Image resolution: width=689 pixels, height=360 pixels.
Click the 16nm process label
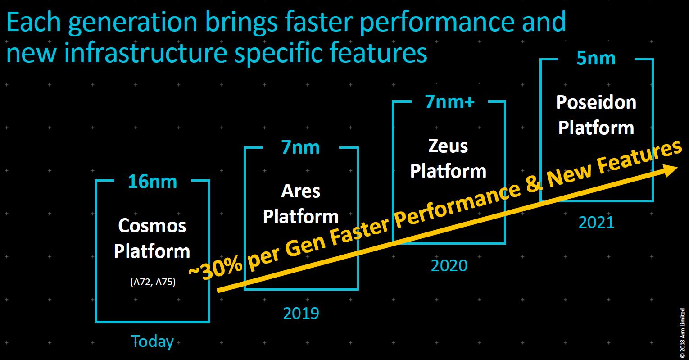click(x=153, y=182)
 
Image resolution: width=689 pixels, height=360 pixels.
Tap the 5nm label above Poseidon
click(x=596, y=58)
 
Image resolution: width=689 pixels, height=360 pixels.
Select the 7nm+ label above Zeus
click(x=450, y=101)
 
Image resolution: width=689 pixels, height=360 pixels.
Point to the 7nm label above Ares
click(x=300, y=147)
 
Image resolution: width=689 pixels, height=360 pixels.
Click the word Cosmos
click(x=152, y=226)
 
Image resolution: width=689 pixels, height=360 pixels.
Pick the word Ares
click(x=300, y=191)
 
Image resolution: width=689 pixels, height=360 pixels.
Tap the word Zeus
click(x=448, y=146)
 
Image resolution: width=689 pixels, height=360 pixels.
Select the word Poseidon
click(x=596, y=102)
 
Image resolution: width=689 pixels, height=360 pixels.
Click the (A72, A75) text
click(x=153, y=282)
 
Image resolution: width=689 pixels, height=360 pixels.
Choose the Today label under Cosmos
click(x=153, y=342)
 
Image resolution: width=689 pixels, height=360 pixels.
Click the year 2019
click(x=301, y=314)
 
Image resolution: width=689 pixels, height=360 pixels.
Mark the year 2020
click(x=449, y=265)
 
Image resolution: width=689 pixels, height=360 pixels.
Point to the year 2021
click(x=596, y=223)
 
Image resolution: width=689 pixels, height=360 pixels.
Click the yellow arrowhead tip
click(x=677, y=167)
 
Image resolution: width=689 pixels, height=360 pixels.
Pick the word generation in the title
click(x=132, y=22)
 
